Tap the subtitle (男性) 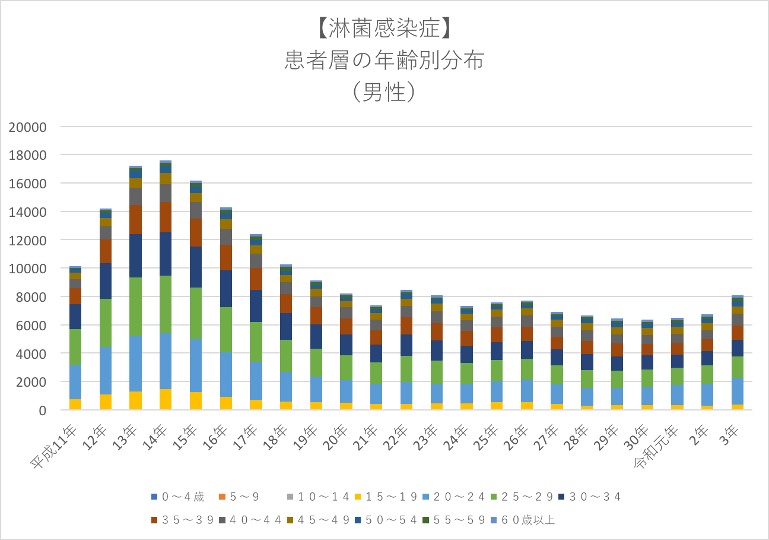384,93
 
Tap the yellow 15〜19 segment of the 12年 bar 105,402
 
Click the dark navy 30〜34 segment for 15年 196,267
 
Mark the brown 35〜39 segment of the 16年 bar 226,257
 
